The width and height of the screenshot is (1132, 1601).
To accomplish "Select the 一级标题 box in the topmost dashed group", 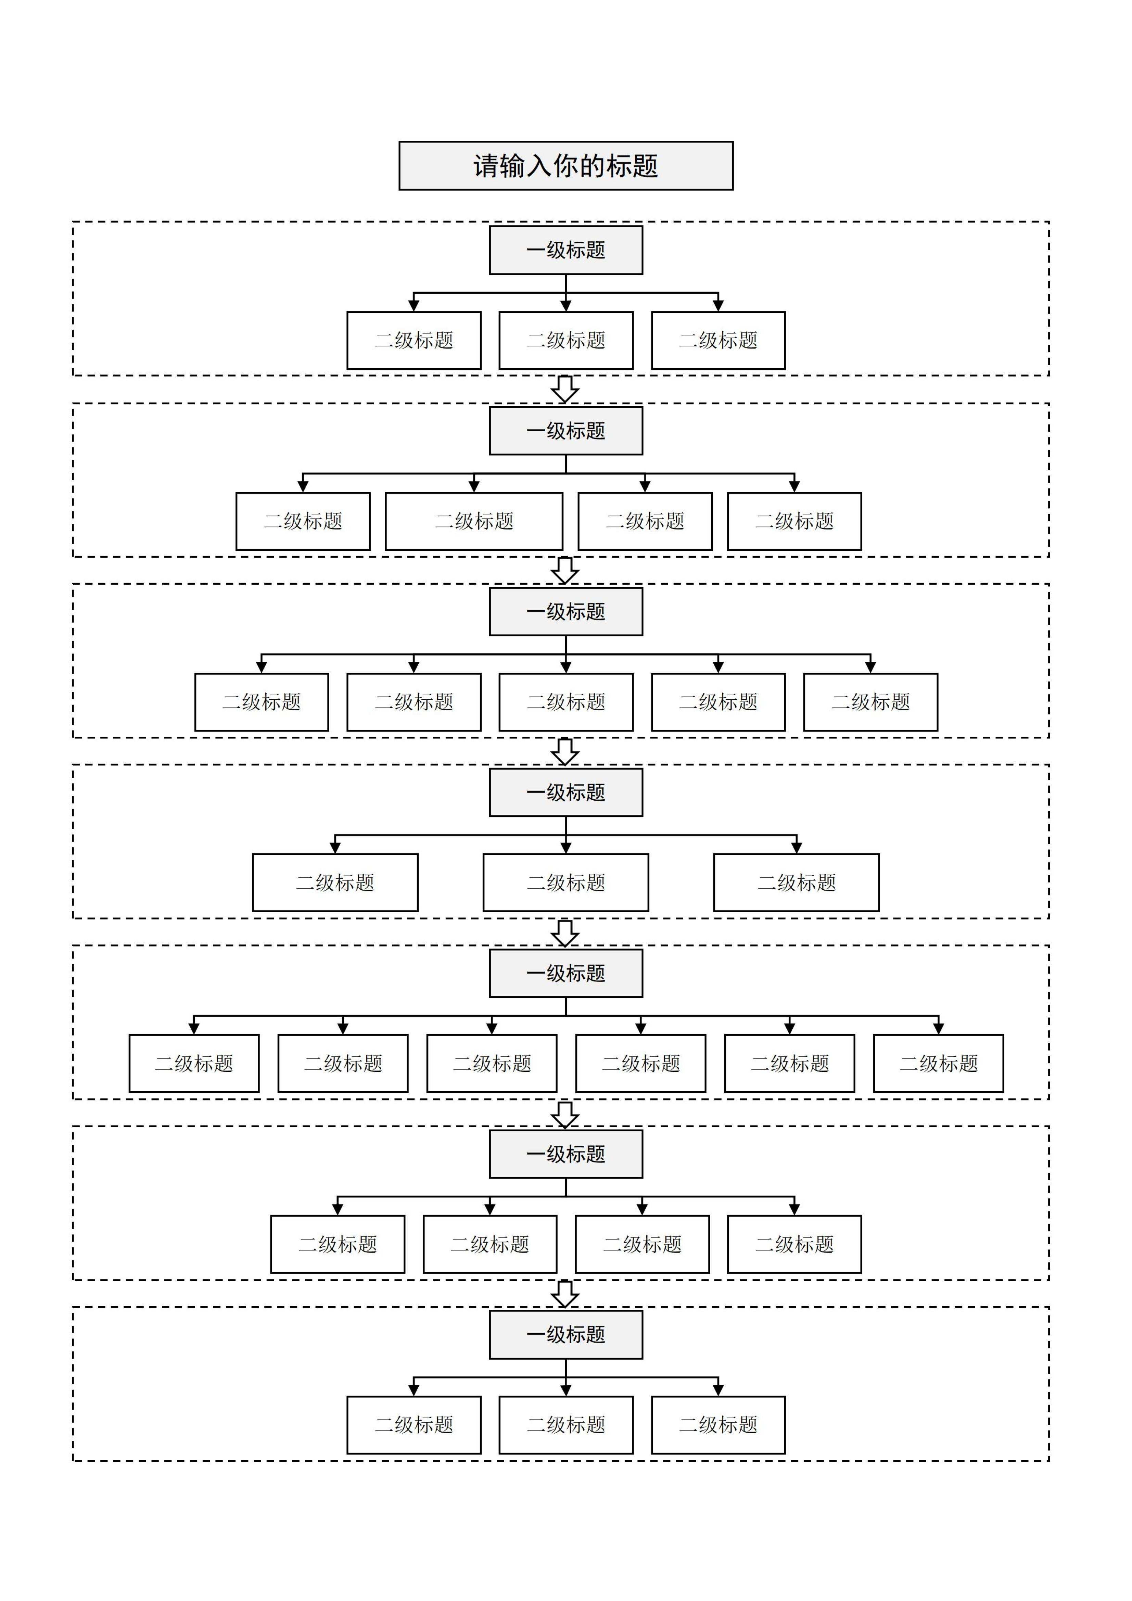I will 565,250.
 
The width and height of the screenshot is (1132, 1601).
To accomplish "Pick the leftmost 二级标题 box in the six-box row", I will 194,1063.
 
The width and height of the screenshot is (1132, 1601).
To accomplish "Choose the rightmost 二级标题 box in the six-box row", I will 938,1063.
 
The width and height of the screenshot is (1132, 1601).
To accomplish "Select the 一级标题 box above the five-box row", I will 565,611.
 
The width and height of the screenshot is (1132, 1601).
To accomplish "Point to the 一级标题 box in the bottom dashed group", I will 565,1335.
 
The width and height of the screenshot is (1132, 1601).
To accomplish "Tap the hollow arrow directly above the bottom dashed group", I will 565,1294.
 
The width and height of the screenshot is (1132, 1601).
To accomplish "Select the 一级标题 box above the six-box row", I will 565,973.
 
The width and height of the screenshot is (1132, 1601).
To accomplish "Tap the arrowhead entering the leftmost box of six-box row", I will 194,1029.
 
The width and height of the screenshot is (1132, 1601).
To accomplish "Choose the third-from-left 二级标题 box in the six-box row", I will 492,1063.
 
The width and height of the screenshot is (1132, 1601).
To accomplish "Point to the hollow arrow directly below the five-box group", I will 565,751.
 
